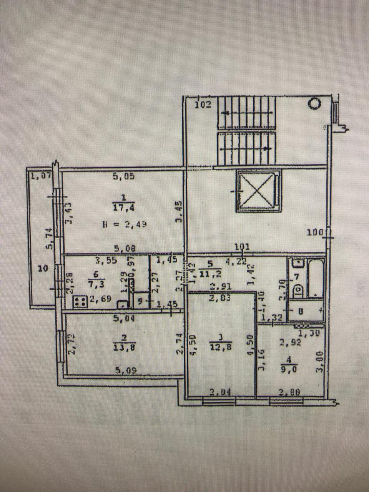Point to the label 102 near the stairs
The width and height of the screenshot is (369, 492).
(x=203, y=105)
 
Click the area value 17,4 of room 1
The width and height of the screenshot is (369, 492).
(x=123, y=208)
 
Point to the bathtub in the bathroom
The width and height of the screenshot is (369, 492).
(x=316, y=278)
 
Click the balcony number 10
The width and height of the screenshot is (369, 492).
(x=43, y=269)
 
